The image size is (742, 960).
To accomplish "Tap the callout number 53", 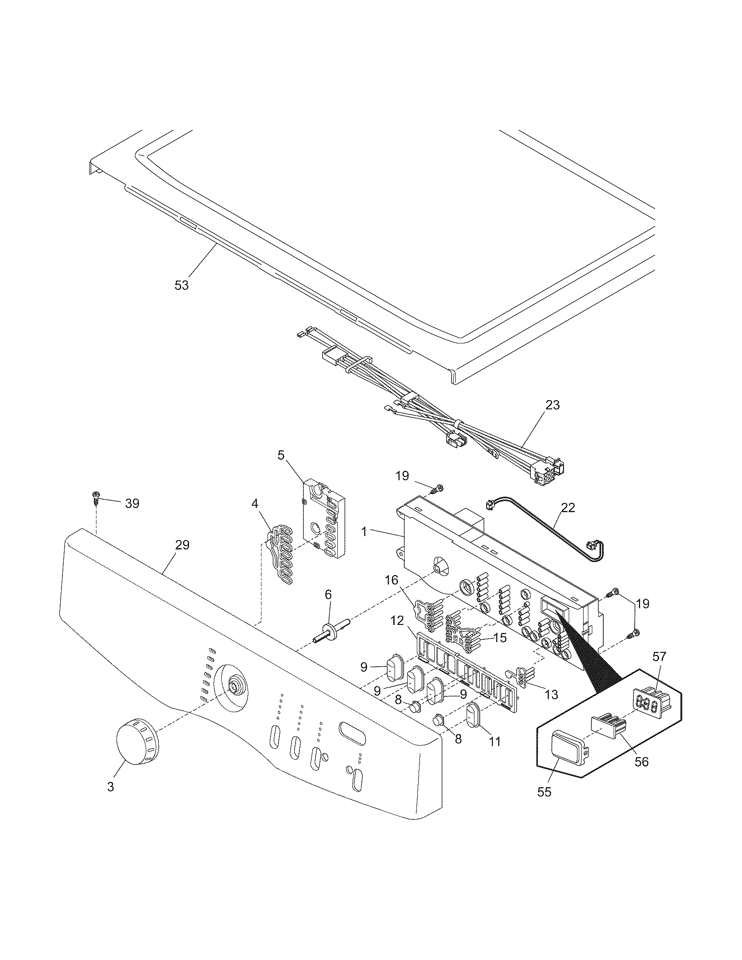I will coord(181,285).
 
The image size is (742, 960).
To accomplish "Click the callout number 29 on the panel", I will coord(182,545).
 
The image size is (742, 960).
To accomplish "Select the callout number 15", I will coord(500,638).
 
